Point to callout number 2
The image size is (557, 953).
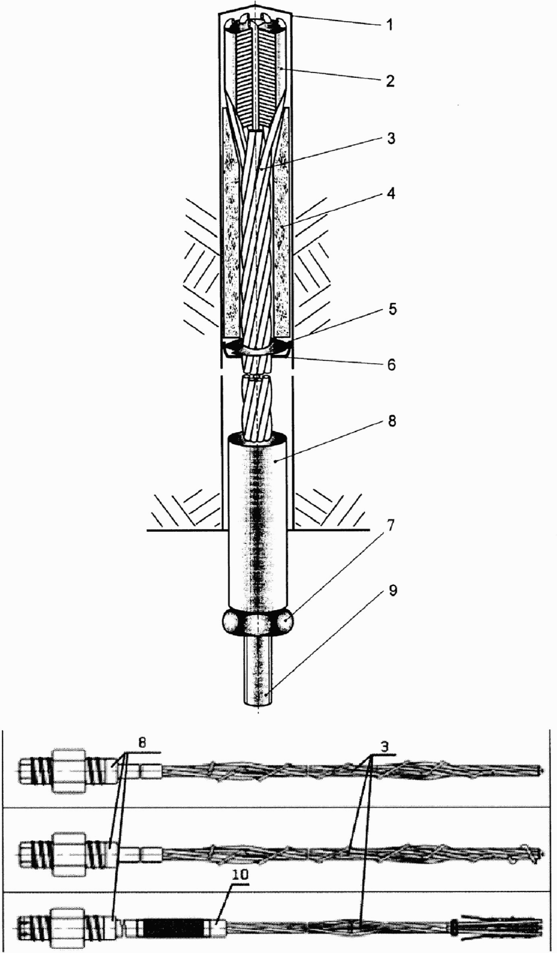point(390,80)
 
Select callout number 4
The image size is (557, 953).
point(390,194)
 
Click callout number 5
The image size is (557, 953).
point(390,309)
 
